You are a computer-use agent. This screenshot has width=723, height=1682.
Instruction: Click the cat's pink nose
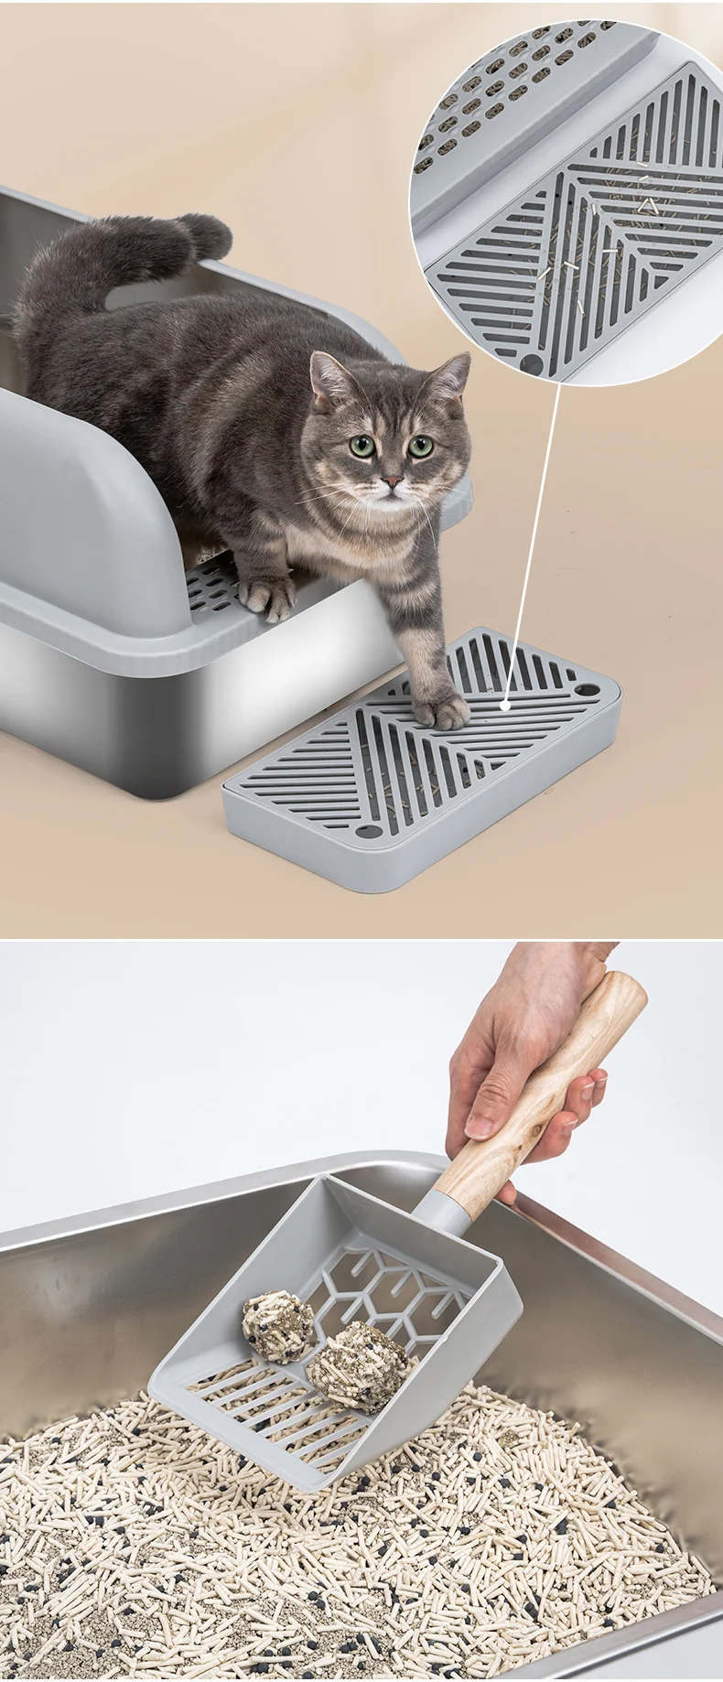391,480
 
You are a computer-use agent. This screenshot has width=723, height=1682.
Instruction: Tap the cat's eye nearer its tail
361,447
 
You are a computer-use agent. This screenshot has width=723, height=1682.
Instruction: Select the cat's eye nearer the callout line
420,447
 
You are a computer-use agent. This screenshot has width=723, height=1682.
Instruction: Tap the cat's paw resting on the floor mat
439,709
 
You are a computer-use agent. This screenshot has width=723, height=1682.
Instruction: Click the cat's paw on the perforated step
267,595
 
